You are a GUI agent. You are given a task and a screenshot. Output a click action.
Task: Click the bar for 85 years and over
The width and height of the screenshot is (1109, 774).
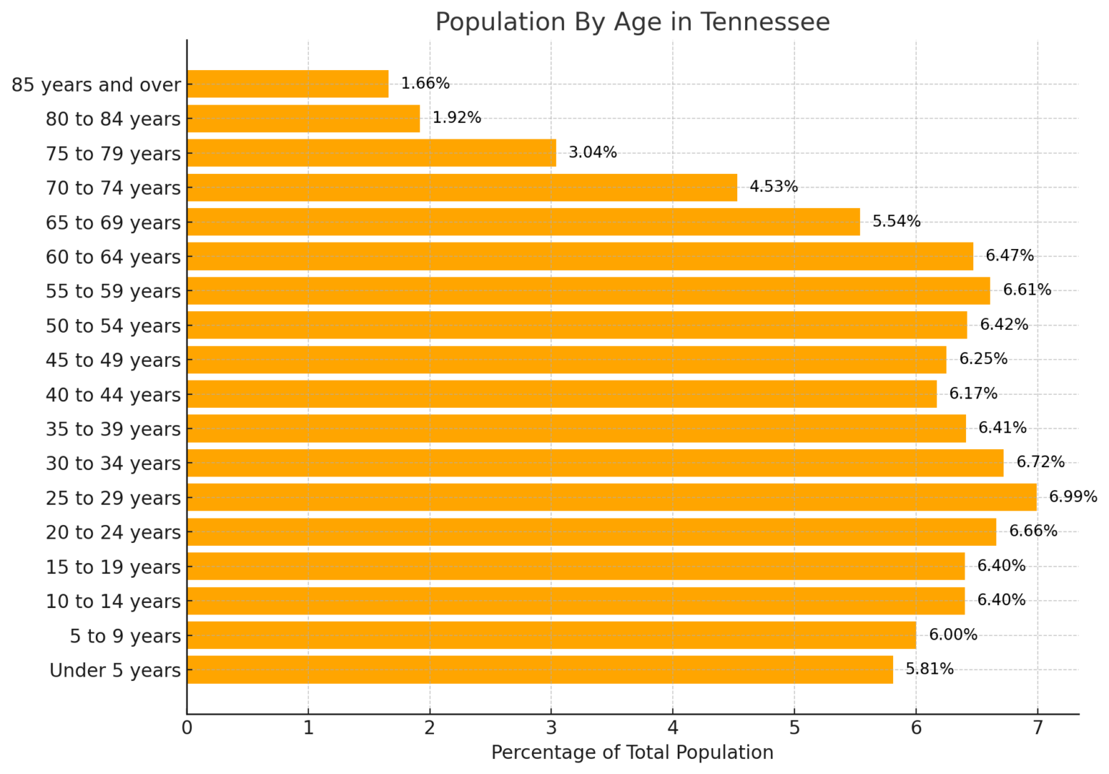click(287, 84)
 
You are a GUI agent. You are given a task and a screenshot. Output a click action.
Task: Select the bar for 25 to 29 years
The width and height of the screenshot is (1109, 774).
click(612, 497)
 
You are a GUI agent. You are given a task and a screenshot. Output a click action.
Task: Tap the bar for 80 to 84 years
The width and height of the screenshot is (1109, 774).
click(303, 118)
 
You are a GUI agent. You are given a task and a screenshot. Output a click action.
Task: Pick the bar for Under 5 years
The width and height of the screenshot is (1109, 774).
click(539, 669)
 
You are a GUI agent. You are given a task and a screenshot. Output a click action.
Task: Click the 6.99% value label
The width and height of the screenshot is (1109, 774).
click(1073, 497)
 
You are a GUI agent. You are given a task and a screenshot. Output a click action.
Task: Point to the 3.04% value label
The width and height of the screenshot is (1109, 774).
click(593, 152)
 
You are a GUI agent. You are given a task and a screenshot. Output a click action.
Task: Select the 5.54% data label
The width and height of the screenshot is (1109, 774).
click(896, 221)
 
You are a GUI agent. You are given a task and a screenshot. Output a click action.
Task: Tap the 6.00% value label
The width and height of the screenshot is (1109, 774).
click(953, 635)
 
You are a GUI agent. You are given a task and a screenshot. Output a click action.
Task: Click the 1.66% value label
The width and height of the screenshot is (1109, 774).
click(425, 83)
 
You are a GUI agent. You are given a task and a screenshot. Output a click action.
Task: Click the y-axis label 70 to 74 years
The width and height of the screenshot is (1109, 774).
click(113, 188)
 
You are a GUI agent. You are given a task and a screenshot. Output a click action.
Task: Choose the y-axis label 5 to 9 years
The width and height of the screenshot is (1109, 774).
click(125, 636)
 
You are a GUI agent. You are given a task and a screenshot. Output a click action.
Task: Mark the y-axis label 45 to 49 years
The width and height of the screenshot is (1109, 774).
click(113, 360)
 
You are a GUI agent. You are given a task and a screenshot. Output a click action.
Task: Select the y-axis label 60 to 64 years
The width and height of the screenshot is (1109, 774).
click(113, 256)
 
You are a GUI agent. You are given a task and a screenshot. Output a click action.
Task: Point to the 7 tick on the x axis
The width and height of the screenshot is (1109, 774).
click(1038, 728)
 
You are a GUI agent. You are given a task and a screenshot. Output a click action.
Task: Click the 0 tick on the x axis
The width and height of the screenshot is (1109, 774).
click(187, 728)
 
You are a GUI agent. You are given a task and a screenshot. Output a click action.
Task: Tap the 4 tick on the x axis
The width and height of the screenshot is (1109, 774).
click(673, 728)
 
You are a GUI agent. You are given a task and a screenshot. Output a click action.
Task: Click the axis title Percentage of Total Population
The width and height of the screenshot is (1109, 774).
click(632, 752)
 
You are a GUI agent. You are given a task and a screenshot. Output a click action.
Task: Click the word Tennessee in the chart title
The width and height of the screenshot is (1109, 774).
click(765, 22)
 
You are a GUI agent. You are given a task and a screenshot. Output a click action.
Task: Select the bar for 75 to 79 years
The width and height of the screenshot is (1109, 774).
click(371, 153)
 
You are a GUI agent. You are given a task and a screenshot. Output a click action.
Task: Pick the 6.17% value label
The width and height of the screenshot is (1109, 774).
click(973, 393)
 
